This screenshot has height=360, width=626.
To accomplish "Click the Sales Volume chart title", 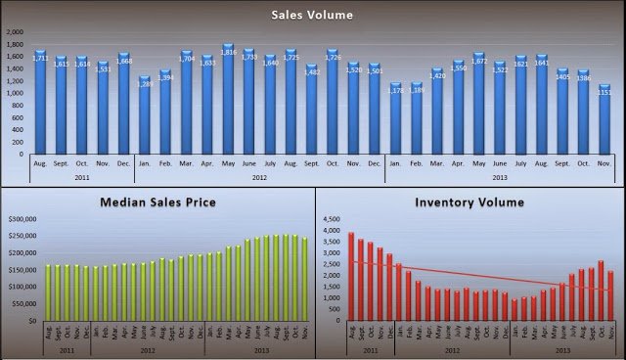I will pyautogui.click(x=313, y=14).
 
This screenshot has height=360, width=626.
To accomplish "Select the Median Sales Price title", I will pyautogui.click(x=156, y=202).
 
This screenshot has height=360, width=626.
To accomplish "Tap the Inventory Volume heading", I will pyautogui.click(x=469, y=202).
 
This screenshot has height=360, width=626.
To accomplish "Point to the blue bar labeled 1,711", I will pyautogui.click(x=40, y=103).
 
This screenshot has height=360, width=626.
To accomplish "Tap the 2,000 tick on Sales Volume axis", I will pyautogui.click(x=14, y=32).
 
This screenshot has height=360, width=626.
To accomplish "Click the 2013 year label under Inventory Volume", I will pyautogui.click(x=564, y=348).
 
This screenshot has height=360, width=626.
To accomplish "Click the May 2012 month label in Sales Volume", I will pyautogui.click(x=228, y=164).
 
